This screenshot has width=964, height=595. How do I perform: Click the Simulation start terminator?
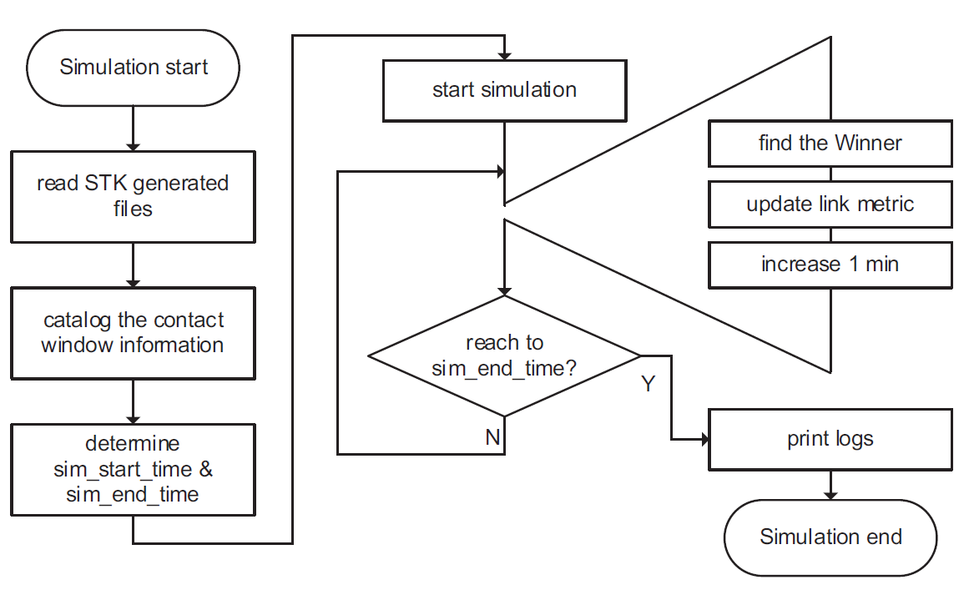click(x=134, y=68)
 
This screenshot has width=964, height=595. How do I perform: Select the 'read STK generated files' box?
click(x=134, y=197)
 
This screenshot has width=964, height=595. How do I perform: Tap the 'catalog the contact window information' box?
click(x=134, y=333)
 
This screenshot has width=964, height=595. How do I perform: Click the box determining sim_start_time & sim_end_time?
click(x=134, y=469)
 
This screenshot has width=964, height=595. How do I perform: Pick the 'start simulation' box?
click(x=504, y=90)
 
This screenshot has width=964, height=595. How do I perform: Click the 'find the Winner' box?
click(x=830, y=144)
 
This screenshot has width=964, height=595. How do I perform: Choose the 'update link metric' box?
click(x=830, y=204)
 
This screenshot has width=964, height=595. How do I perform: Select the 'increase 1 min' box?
click(x=830, y=265)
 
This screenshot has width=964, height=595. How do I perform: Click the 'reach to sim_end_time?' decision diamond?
click(x=504, y=355)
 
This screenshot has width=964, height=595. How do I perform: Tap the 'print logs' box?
click(x=830, y=439)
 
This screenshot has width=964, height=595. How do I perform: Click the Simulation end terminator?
click(x=830, y=537)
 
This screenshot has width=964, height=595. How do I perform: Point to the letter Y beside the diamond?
click(x=649, y=385)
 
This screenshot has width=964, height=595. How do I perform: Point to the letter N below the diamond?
click(x=492, y=437)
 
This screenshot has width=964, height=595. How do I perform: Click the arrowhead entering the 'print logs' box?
click(x=703, y=439)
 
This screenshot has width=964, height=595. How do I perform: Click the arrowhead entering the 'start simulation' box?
click(x=504, y=54)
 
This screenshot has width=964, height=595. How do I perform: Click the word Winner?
click(x=867, y=144)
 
